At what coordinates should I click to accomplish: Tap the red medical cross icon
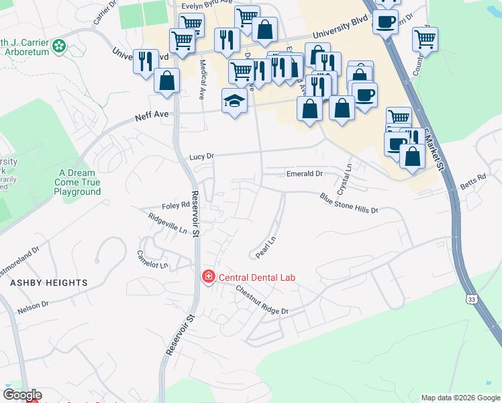coord(208,277)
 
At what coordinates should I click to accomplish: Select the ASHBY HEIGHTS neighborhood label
coord(49,283)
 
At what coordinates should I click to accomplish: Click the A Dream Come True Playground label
coord(77,182)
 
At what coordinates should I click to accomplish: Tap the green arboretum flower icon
coord(59,46)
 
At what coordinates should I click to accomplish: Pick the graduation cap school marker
coord(235,101)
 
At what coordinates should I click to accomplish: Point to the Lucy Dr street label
coord(201,156)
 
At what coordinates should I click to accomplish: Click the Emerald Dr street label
coord(305,173)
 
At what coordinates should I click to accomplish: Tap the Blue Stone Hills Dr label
coord(349,204)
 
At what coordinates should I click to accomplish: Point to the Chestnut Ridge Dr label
coord(261,300)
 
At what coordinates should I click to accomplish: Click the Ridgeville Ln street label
coord(168,224)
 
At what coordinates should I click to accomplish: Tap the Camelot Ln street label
coord(151,259)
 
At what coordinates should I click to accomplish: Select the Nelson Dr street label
coord(34,306)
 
